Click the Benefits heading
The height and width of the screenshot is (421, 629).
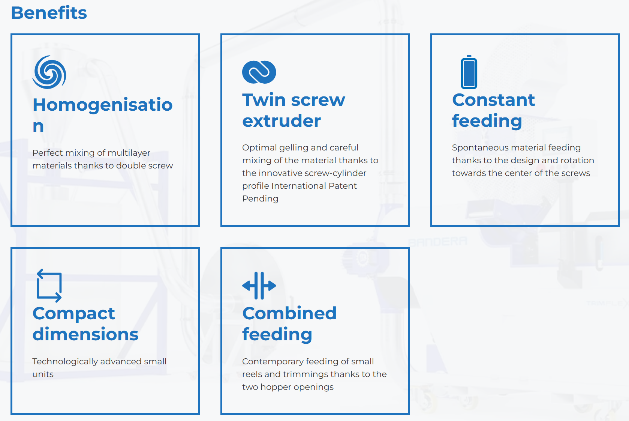49,13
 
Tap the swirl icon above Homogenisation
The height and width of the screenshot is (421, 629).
49,72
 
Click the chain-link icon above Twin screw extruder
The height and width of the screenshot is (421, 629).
259,72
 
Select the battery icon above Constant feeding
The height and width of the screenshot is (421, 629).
469,72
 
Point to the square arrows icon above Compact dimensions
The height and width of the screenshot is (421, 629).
49,286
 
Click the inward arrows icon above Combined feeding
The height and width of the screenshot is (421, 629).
259,286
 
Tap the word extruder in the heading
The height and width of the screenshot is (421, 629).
282,121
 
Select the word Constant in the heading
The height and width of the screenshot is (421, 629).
493,100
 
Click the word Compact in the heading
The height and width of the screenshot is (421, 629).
73,314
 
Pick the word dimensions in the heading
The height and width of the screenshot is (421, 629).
85,334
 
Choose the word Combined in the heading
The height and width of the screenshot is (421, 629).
289,313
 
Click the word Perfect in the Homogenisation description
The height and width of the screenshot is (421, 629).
48,153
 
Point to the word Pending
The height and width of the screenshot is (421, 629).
260,199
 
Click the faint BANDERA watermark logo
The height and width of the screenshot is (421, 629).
437,241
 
